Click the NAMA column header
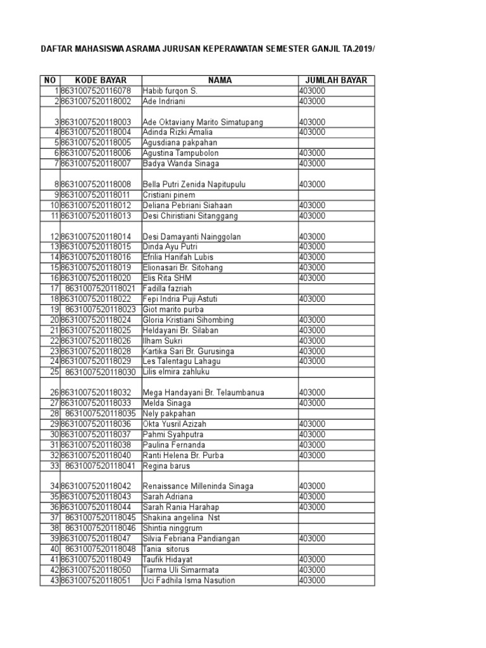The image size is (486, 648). tap(220, 80)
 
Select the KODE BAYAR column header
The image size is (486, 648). tap(101, 80)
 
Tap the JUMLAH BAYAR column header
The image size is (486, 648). tap(336, 80)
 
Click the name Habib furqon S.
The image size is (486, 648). tap(170, 91)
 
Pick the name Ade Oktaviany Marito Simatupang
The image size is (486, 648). tap(203, 122)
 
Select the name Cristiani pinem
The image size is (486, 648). tap(169, 195)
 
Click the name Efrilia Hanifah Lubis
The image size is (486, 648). tap(178, 258)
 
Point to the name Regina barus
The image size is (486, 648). tap(166, 466)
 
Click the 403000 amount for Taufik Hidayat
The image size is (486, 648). tap(313, 559)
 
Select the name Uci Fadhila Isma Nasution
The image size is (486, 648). tap(189, 580)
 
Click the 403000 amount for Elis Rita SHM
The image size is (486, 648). tap(313, 278)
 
